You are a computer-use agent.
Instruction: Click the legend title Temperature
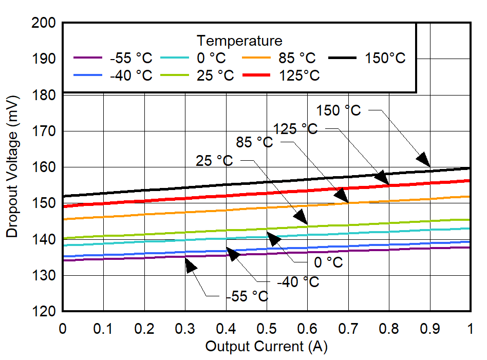tap(239, 41)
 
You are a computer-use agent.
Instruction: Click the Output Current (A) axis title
tap(266, 347)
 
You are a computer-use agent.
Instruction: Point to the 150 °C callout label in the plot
tap(339, 110)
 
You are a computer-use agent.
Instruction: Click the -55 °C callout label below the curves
tap(247, 297)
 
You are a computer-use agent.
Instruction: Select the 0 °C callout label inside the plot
tap(328, 262)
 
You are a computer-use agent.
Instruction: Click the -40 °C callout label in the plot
tap(298, 282)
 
